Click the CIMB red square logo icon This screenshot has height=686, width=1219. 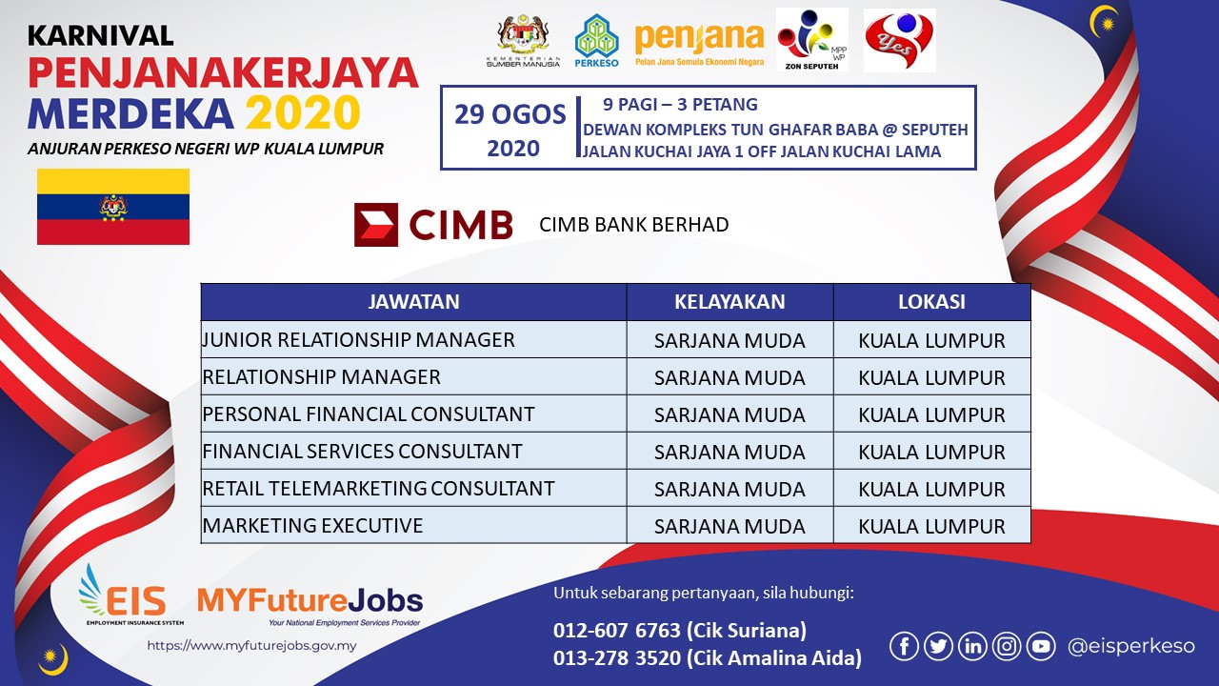[x=376, y=225]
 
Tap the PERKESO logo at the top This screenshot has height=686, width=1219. [x=596, y=41]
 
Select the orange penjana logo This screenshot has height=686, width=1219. [x=699, y=45]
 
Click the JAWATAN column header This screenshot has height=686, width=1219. [x=413, y=302]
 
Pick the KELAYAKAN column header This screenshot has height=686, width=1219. [x=729, y=302]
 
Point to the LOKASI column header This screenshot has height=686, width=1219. [x=931, y=302]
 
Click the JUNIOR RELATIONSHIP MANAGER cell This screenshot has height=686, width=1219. [x=413, y=339]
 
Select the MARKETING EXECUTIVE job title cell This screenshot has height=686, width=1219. [x=413, y=525]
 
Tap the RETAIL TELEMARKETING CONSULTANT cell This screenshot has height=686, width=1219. [x=413, y=489]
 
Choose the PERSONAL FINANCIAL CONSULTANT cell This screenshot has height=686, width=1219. [x=413, y=414]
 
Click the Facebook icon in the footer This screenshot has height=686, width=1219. [x=904, y=646]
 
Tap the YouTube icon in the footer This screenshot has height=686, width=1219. [x=1041, y=646]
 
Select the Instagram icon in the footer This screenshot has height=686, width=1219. [x=1007, y=646]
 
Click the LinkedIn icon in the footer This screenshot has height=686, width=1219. [x=972, y=646]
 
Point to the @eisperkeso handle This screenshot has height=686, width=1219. [x=1130, y=646]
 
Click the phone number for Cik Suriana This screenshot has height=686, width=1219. [x=616, y=630]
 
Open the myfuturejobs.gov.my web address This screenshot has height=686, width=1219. [x=251, y=646]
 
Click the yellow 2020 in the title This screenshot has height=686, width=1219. [x=303, y=112]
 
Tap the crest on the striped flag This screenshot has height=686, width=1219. [x=113, y=207]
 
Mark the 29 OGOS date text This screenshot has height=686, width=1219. [x=510, y=114]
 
